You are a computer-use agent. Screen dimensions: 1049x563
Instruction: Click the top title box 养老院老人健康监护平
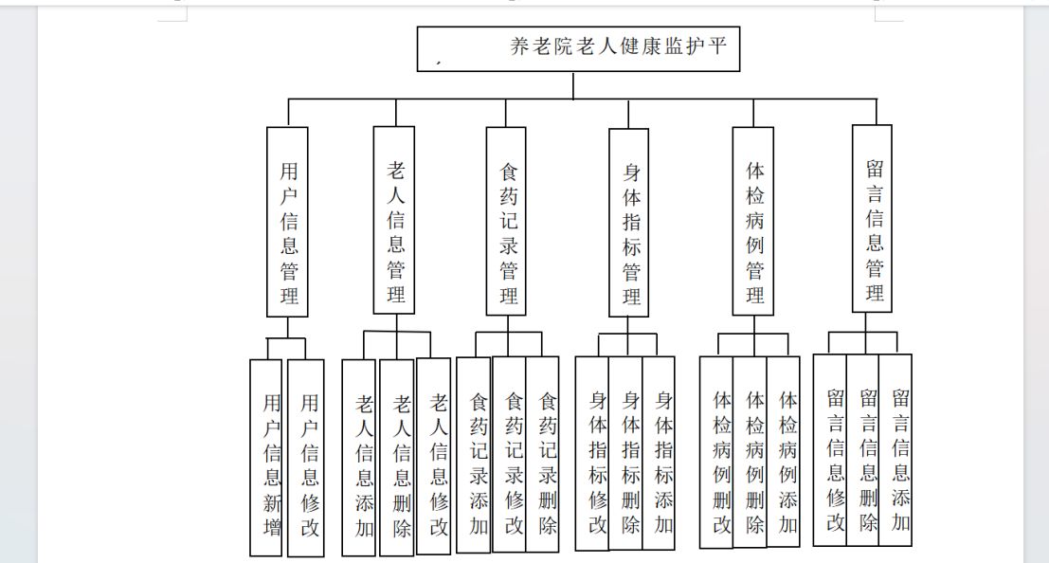[x=578, y=49]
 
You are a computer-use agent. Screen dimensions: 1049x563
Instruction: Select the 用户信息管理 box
[x=287, y=222]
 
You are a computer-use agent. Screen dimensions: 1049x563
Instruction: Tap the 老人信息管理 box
[x=393, y=220]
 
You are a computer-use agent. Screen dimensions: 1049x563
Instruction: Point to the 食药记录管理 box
[x=506, y=221]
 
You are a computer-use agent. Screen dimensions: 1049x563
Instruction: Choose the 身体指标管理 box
[x=628, y=222]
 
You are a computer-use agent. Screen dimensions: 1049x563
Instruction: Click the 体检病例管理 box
[x=752, y=221]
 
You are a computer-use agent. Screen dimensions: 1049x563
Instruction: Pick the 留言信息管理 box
[x=872, y=218]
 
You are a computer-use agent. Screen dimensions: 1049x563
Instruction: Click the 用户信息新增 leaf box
[x=265, y=458]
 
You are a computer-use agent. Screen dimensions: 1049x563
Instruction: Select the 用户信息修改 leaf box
[x=306, y=458]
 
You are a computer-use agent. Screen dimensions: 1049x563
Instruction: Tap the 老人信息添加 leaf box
[x=358, y=458]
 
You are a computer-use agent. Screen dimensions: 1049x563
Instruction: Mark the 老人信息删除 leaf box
[x=397, y=458]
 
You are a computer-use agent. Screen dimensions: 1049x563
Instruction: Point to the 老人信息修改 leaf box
[x=433, y=456]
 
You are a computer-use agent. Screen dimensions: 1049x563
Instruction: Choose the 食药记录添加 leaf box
[x=474, y=455]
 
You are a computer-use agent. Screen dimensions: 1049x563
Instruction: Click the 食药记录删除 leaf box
[x=542, y=454]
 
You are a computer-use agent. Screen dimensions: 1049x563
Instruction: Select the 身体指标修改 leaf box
[x=592, y=453]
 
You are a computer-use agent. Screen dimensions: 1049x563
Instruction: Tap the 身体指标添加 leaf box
[x=659, y=453]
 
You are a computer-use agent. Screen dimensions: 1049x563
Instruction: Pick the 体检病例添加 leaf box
[x=783, y=452]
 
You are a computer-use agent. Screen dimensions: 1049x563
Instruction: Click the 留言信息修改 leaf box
[x=830, y=450]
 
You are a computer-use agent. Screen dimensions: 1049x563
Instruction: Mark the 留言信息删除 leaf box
[x=863, y=450]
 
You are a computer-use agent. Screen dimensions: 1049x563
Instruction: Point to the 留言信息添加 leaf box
[x=895, y=450]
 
